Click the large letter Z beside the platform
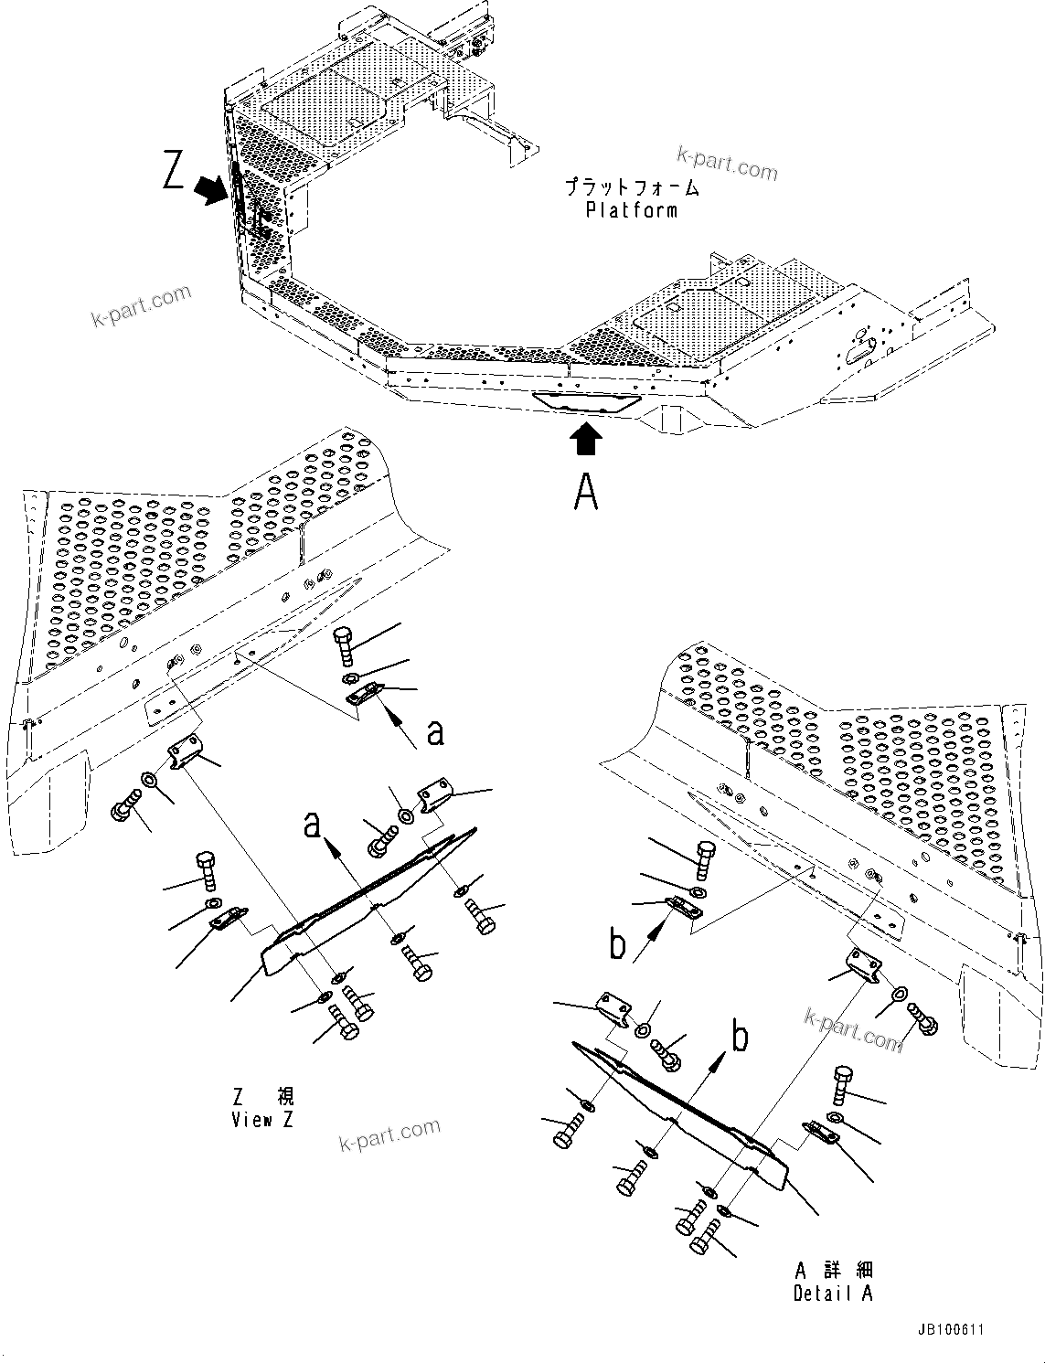[x=174, y=171]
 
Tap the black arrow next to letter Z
[x=211, y=189]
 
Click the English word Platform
[x=632, y=210]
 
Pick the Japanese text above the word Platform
[x=632, y=188]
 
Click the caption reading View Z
[x=263, y=1119]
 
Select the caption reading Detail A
[x=833, y=1293]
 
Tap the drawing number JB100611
[x=952, y=1330]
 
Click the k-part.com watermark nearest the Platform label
[x=728, y=165]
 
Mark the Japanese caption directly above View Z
[x=263, y=1096]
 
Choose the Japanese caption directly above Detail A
[x=833, y=1270]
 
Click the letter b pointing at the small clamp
[x=619, y=944]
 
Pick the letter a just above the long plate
[x=314, y=825]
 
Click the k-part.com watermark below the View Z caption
[x=389, y=1135]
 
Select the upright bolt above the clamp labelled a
[x=346, y=646]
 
